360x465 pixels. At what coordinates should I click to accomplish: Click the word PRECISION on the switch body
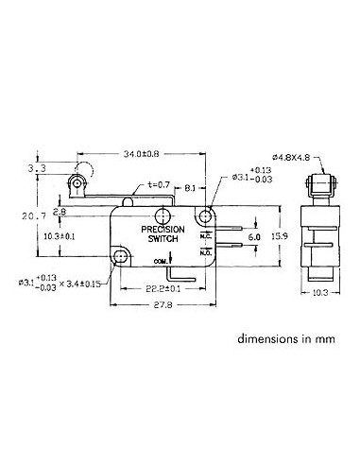163,229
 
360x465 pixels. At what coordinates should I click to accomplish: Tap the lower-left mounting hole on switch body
121,256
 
